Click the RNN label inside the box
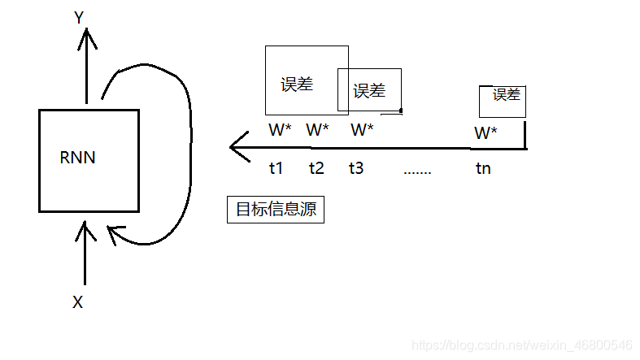click(x=78, y=158)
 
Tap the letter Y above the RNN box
click(x=80, y=17)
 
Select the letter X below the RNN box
click(x=78, y=302)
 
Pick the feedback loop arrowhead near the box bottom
click(x=114, y=235)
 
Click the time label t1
click(x=276, y=169)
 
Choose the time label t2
click(x=316, y=169)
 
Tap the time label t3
click(x=356, y=169)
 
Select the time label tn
click(x=484, y=169)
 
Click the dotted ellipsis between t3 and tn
click(x=417, y=172)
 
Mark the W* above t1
click(x=280, y=129)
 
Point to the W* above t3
click(x=363, y=129)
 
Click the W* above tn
click(x=485, y=132)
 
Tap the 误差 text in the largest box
click(x=298, y=85)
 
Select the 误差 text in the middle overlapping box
click(x=369, y=91)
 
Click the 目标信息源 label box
click(x=275, y=210)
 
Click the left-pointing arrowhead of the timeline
click(x=237, y=148)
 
